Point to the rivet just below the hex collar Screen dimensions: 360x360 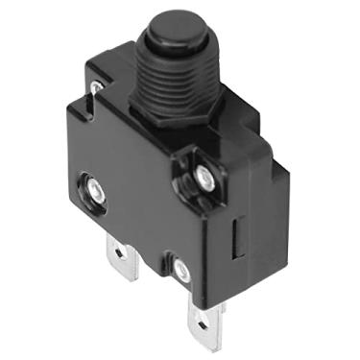coord(204,175)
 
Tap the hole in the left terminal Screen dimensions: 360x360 coord(119,254)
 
